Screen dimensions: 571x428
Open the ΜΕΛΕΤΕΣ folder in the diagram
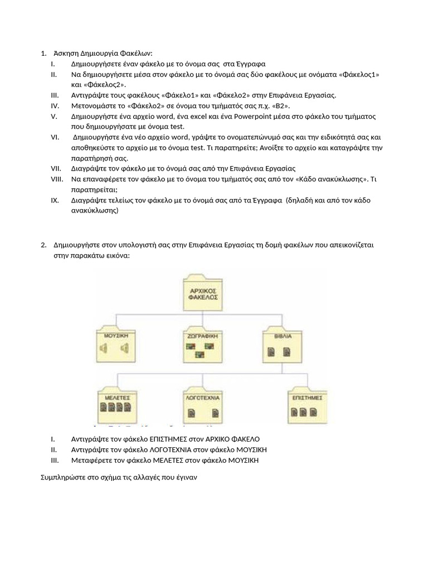(x=116, y=406)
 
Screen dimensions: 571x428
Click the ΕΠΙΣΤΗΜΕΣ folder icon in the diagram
(x=307, y=406)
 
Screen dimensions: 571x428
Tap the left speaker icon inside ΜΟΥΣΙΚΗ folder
(x=104, y=349)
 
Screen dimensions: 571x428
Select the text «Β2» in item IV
(x=282, y=106)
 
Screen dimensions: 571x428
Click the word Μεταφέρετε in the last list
(x=93, y=461)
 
